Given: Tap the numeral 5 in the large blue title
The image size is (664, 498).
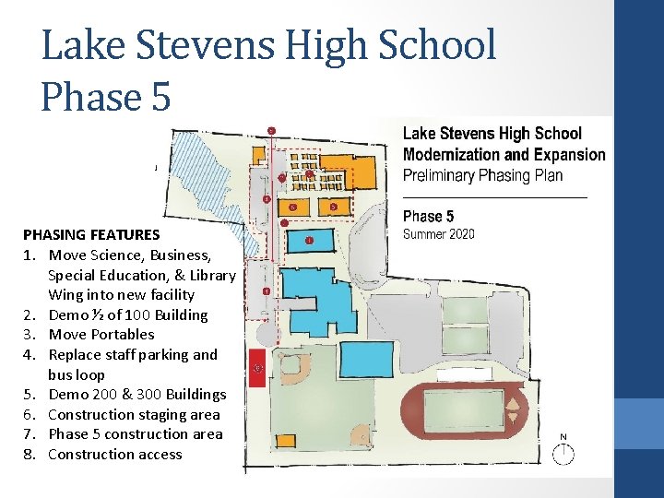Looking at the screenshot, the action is coord(160,97).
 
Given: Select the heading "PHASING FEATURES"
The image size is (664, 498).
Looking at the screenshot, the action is coord(91,234).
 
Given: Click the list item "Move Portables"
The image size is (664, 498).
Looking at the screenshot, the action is coord(101,335).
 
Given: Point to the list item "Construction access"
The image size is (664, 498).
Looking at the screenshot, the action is coord(115,454).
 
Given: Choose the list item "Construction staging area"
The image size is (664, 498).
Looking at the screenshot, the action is coord(135,415).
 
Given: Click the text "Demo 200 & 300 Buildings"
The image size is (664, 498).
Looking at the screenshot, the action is coord(137,395).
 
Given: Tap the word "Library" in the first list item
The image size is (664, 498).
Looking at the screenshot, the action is coord(213,276).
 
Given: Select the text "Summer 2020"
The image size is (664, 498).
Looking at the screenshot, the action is coord(439,234).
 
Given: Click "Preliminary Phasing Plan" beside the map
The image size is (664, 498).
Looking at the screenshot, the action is coord(482,175).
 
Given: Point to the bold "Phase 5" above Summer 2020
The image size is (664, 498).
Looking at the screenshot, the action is coord(428,217).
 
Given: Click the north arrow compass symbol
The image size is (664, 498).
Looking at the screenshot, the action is coord(563,453).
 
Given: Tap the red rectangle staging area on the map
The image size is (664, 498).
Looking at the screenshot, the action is coord(257,368).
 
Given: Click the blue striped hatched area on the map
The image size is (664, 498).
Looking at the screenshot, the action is coord(212,186).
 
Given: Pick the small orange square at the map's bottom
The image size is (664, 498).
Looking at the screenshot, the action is coord(285,441).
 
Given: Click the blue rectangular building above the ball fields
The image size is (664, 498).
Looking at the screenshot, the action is coord(367,360).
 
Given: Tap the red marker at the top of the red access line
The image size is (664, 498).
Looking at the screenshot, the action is coord(272,131).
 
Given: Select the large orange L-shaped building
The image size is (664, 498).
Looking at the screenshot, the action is coord(348,171).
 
